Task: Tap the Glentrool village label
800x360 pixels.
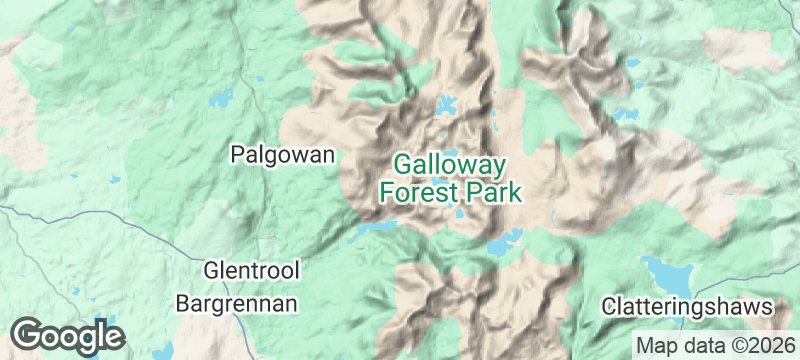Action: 251,271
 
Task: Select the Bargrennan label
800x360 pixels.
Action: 237,301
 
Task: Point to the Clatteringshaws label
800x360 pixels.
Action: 688,306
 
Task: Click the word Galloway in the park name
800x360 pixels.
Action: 450,164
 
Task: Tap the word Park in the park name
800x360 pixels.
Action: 490,191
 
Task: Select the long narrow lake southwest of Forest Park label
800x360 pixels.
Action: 375,229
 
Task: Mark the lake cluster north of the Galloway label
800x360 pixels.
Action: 446,105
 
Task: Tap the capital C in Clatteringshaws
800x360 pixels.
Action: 609,306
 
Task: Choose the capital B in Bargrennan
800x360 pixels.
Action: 183,301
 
